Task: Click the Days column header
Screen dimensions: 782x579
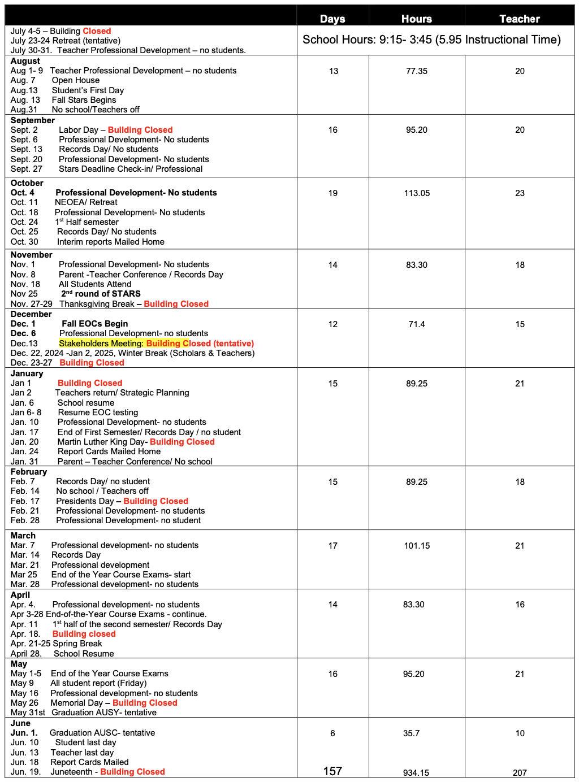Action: click(x=332, y=19)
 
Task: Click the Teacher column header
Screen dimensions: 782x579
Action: click(x=520, y=19)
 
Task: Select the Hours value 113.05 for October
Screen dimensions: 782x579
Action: click(x=417, y=193)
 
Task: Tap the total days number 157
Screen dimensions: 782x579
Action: click(x=332, y=771)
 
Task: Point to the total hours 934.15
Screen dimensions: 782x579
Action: click(x=416, y=773)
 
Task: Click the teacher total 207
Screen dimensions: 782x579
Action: click(x=520, y=773)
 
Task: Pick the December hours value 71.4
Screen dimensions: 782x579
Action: click(x=417, y=324)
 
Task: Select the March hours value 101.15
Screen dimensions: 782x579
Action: click(x=417, y=546)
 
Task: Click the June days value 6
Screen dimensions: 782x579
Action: click(x=332, y=733)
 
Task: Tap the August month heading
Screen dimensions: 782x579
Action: click(x=25, y=61)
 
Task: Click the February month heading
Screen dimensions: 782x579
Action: click(x=29, y=472)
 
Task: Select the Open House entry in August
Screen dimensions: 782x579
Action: click(x=76, y=80)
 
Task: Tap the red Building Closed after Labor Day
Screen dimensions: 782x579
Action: click(x=140, y=130)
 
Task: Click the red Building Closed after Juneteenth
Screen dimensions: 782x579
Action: click(x=132, y=772)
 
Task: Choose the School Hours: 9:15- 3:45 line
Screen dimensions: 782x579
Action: click(x=431, y=40)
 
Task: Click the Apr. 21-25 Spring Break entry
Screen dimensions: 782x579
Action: click(x=57, y=644)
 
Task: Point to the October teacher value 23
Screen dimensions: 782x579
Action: click(x=520, y=193)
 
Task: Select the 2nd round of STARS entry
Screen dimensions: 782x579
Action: click(x=101, y=294)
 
